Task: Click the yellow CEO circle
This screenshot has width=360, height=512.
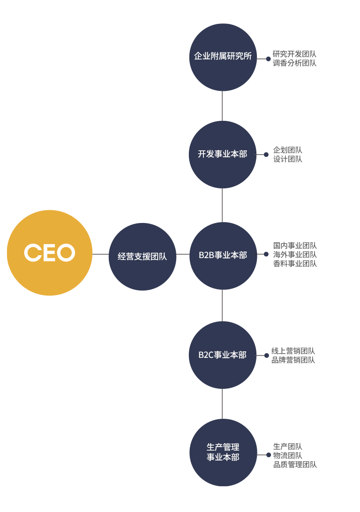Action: pyautogui.click(x=50, y=252)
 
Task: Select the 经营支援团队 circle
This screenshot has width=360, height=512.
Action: pyautogui.click(x=142, y=256)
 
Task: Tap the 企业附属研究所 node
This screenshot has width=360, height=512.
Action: pyautogui.click(x=223, y=57)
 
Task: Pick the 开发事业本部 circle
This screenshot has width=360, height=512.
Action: pyautogui.click(x=223, y=155)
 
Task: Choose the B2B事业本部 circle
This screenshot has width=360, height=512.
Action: pyautogui.click(x=223, y=256)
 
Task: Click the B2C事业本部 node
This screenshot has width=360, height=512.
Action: pyautogui.click(x=223, y=355)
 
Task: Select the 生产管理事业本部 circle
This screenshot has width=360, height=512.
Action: pyautogui.click(x=223, y=453)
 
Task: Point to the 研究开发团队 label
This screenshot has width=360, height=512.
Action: pyautogui.click(x=294, y=54)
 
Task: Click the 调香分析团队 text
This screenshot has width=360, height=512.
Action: pyautogui.click(x=294, y=63)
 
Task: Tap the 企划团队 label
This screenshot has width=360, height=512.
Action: pyautogui.click(x=288, y=150)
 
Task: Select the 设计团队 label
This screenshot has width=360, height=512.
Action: pyautogui.click(x=288, y=159)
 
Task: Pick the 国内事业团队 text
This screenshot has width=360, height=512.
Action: pyautogui.click(x=295, y=246)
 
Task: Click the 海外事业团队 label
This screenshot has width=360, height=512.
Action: pyautogui.click(x=295, y=255)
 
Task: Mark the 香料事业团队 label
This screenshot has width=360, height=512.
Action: pyautogui.click(x=295, y=264)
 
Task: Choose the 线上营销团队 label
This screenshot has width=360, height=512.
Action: pyautogui.click(x=293, y=351)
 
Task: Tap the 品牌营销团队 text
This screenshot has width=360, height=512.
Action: pyautogui.click(x=293, y=360)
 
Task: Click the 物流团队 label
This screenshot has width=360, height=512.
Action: pyautogui.click(x=288, y=455)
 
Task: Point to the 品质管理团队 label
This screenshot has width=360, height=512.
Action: pyautogui.click(x=295, y=465)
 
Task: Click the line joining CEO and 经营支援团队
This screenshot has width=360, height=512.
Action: pyautogui.click(x=100, y=254)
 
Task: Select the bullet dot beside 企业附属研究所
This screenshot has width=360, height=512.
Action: pyautogui.click(x=268, y=59)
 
